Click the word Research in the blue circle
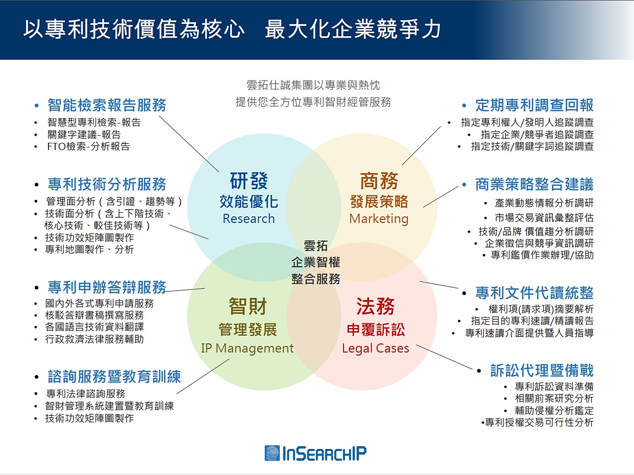tap(249, 218)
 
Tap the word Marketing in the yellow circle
tap(379, 219)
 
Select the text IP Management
tap(247, 348)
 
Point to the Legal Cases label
tap(376, 348)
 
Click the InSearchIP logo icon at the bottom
tap(272, 453)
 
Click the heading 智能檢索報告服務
tap(107, 105)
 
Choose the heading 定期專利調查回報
tap(534, 105)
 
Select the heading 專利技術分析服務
tap(107, 184)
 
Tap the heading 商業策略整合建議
tap(534, 184)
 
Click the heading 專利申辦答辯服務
tap(107, 287)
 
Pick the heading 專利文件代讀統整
tap(534, 293)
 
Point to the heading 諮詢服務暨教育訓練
tap(114, 377)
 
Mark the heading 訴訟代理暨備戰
tap(542, 370)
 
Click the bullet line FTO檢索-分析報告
tap(89, 146)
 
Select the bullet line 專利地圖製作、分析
tap(89, 249)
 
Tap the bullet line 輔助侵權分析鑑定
tap(554, 410)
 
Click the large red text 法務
tap(376, 307)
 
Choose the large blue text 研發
tap(249, 181)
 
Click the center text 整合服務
tap(315, 279)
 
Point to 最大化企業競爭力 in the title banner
tap(353, 29)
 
